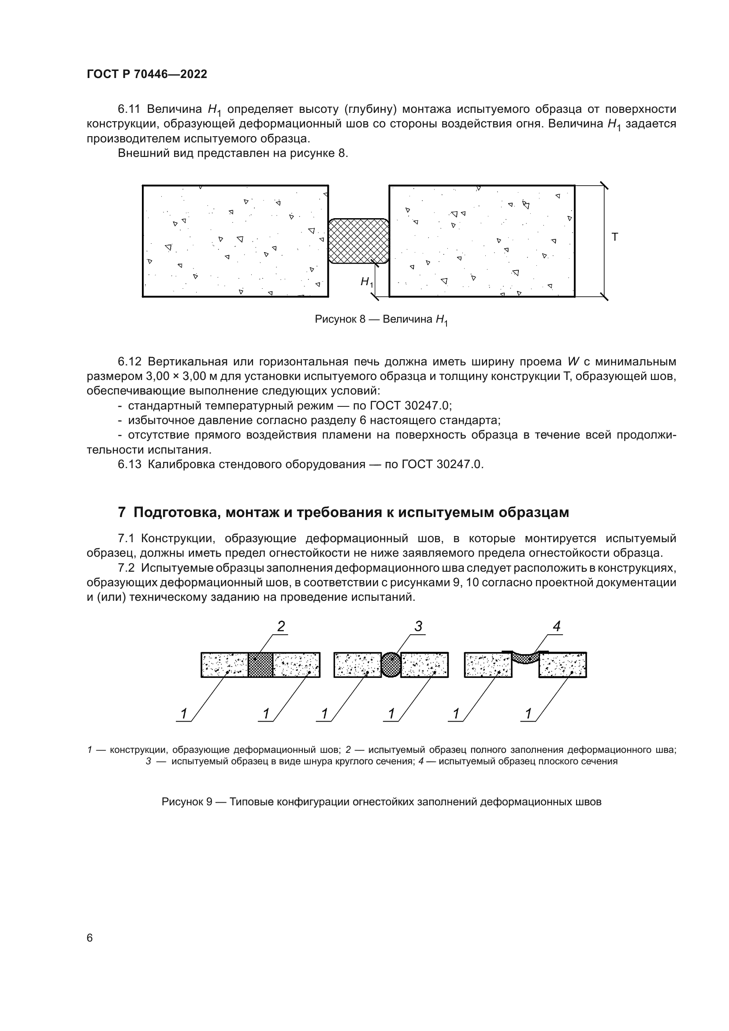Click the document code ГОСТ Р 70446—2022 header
(x=147, y=74)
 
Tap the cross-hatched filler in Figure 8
(x=358, y=241)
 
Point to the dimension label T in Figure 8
(x=614, y=237)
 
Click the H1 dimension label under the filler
(x=366, y=282)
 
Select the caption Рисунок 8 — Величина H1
(x=381, y=320)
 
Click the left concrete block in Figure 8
(x=235, y=241)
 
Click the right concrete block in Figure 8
(x=481, y=241)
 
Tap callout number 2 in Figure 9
(x=281, y=626)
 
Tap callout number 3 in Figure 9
(x=418, y=626)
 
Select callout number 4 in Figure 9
(x=557, y=626)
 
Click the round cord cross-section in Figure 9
(x=391, y=665)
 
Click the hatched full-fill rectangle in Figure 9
(x=260, y=665)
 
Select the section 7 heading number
(x=122, y=512)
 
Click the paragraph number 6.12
(x=130, y=361)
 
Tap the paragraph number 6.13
(x=130, y=464)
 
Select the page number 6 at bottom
(x=90, y=938)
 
